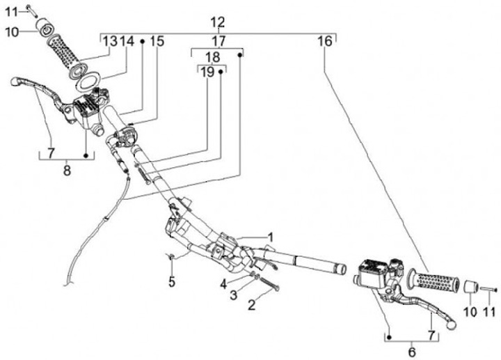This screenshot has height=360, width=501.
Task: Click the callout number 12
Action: tap(218, 22)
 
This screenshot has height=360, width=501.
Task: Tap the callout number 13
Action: tap(111, 41)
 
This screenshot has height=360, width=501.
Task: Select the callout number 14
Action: tap(126, 41)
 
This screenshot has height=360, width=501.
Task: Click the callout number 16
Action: tap(325, 41)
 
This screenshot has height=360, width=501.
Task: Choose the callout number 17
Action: tap(218, 41)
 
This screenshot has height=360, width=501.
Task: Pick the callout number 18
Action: tap(212, 57)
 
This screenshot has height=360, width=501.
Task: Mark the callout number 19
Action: tap(207, 71)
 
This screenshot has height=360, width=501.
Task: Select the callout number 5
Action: tap(171, 282)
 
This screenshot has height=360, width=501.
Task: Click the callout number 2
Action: tap(252, 304)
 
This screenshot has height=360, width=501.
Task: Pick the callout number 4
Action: tap(224, 283)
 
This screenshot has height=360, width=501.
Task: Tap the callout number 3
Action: tap(234, 295)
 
